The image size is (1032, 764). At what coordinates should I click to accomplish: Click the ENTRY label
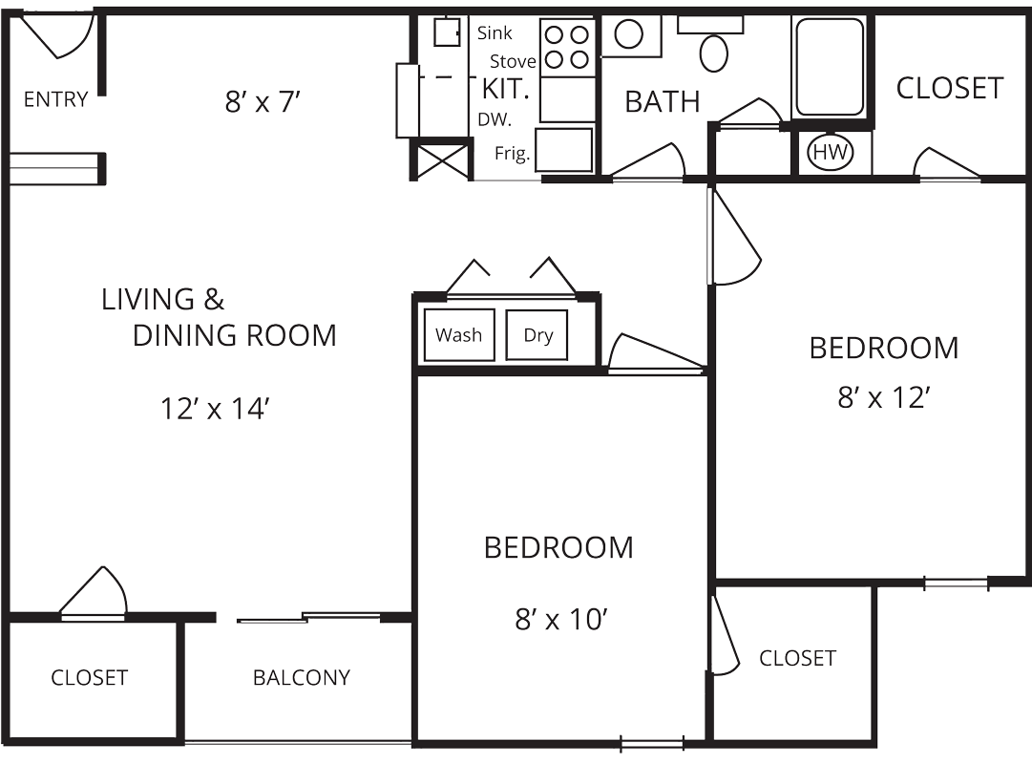coord(55,99)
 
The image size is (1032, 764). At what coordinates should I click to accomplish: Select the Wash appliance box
coord(459,335)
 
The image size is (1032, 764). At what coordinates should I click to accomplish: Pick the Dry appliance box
coord(537,335)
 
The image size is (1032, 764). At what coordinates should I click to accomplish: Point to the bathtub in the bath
coord(830,66)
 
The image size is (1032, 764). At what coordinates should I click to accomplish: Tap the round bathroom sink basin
coord(629,35)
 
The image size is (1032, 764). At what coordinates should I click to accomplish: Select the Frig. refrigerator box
coord(563,150)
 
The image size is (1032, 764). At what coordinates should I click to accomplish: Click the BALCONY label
coord(301,678)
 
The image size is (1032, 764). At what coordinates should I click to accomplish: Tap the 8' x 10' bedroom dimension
coord(559,621)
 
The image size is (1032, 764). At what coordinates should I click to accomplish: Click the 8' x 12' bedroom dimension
coord(883,397)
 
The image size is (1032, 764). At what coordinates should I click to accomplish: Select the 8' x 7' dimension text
coord(263,101)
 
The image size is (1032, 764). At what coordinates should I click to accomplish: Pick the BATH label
coord(662,101)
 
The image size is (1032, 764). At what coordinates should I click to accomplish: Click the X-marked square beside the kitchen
coord(442,159)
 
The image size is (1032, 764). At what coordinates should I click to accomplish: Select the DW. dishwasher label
coord(495,120)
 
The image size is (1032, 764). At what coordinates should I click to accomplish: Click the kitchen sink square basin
coord(447,32)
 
